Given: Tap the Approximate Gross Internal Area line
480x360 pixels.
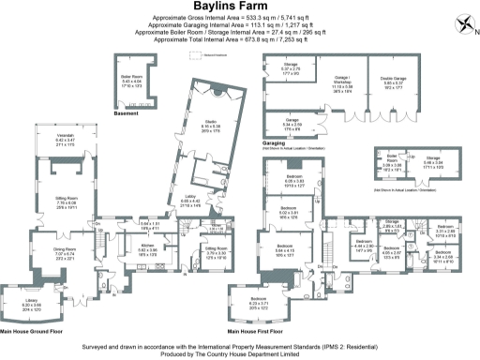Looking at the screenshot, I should [231, 17].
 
